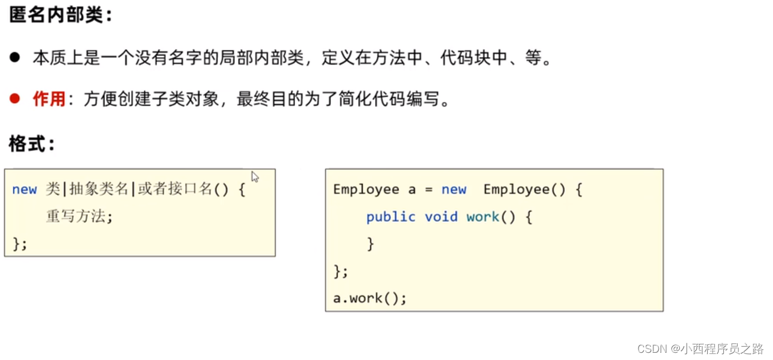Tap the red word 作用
click(x=49, y=99)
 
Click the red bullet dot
click(x=15, y=99)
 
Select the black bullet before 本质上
click(x=15, y=58)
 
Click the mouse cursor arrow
click(x=255, y=177)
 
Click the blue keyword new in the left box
click(x=25, y=190)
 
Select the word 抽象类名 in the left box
click(x=99, y=190)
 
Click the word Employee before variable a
click(x=366, y=190)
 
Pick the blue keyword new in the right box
click(x=454, y=190)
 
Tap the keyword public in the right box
click(x=390, y=216)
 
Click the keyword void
click(x=441, y=216)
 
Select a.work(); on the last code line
click(x=369, y=298)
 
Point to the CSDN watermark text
click(x=699, y=348)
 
